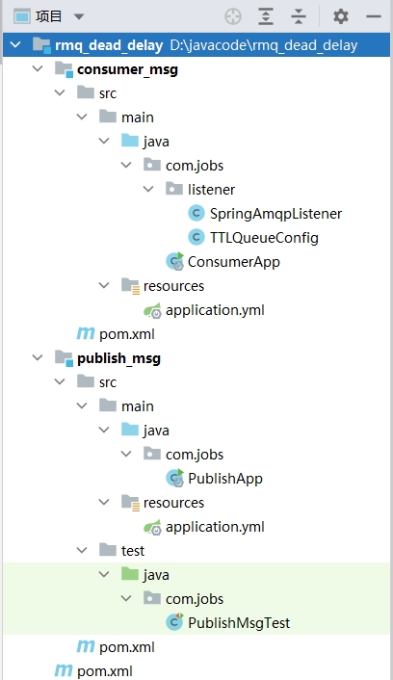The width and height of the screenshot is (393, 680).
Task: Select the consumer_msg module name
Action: [127, 69]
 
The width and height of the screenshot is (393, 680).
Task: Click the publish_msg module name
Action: [118, 358]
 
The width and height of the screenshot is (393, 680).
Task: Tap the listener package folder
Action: [211, 190]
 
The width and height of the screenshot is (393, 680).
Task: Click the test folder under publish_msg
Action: [133, 551]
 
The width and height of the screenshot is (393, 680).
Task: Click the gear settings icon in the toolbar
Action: [341, 16]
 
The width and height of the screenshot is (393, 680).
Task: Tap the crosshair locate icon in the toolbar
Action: [233, 16]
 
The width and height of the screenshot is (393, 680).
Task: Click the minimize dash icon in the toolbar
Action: [374, 16]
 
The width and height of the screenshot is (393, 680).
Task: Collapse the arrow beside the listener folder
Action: [148, 189]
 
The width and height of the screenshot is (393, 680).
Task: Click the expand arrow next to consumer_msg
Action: [38, 68]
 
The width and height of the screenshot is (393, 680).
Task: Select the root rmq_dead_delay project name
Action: [109, 45]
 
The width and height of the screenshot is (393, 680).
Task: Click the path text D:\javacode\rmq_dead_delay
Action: [264, 45]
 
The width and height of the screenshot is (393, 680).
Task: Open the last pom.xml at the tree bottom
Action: [105, 671]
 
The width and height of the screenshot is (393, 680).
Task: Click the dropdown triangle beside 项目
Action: [79, 16]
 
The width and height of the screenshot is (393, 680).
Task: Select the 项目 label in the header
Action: [48, 16]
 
